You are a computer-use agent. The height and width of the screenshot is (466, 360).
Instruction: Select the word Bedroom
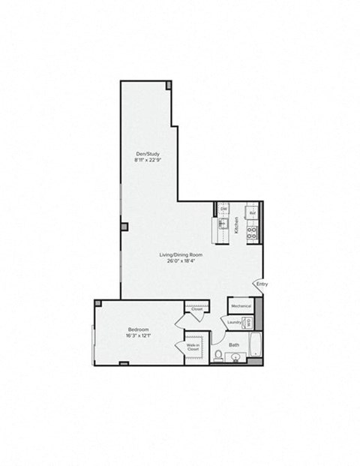[x=138, y=329]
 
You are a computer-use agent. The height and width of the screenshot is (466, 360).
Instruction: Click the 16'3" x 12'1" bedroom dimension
[x=138, y=335]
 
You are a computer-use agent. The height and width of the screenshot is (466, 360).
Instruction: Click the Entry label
[x=262, y=284]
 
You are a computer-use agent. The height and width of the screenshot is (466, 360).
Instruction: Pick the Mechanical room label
[x=241, y=306]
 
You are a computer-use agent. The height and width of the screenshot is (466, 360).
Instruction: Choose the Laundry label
[x=234, y=323]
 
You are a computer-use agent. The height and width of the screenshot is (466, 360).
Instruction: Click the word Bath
[x=234, y=345]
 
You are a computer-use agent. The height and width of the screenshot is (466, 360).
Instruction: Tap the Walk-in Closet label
[x=193, y=347]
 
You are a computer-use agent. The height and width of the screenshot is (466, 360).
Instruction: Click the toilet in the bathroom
[x=217, y=356]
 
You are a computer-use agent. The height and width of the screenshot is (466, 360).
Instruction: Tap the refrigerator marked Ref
[x=253, y=212]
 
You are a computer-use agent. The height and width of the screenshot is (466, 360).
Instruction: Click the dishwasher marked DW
[x=223, y=209]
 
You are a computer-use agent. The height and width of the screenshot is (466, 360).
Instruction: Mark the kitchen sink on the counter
[x=223, y=224]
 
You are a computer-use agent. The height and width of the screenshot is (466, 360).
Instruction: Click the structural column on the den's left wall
[x=124, y=227]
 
